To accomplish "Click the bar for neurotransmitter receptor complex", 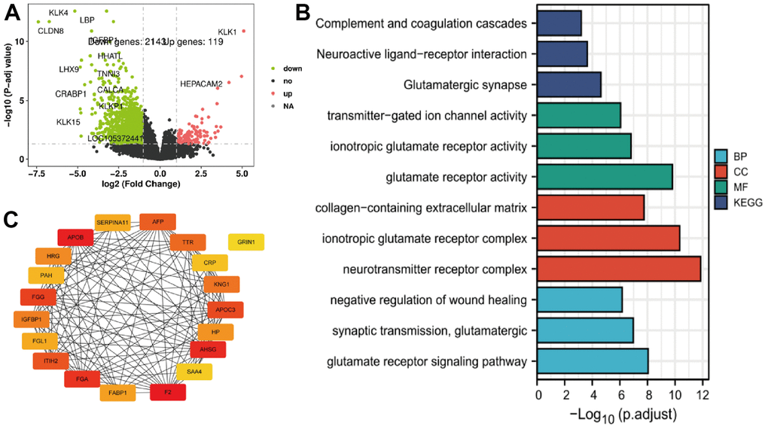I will click(619, 269).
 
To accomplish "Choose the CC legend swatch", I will click(722, 172).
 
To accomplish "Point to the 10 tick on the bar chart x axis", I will click(674, 394).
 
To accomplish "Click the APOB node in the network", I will click(75, 238).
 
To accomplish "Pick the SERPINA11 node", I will click(113, 222).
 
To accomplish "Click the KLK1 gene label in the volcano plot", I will click(227, 32).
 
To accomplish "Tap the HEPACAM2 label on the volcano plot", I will click(201, 84).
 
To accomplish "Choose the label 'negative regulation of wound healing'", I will click(428, 300).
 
